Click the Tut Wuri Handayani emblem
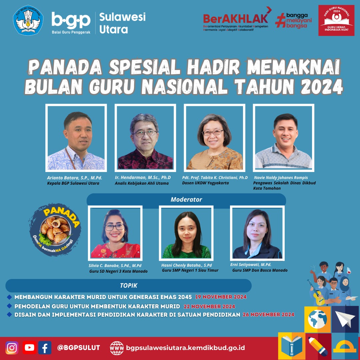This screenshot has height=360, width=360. [28, 20]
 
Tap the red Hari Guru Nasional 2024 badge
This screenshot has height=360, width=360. [336, 20]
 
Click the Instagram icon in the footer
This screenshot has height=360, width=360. [12, 348]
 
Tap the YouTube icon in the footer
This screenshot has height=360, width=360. [29, 348]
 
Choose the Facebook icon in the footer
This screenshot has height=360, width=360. [45, 348]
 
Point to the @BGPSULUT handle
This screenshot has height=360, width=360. [79, 348]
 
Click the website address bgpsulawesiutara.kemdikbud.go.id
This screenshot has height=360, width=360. [186, 348]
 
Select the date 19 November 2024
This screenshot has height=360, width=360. [221, 297]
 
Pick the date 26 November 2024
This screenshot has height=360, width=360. [269, 315]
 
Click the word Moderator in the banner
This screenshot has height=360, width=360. [186, 200]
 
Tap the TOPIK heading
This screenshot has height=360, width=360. [129, 285]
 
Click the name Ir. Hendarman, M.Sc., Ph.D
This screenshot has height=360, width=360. [143, 177]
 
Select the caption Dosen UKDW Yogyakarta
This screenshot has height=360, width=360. [205, 183]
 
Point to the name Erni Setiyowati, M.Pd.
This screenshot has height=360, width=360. [251, 264]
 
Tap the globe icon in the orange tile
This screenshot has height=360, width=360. [318, 319]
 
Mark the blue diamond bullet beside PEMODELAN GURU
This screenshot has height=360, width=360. [9, 306]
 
